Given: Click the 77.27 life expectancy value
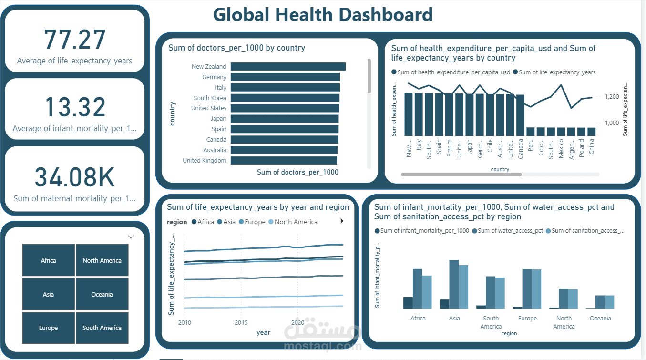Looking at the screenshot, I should pyautogui.click(x=75, y=40).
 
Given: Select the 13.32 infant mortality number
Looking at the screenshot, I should pyautogui.click(x=75, y=107).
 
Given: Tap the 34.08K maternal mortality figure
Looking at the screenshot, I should pyautogui.click(x=75, y=177).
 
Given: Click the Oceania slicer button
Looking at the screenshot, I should pyautogui.click(x=102, y=294).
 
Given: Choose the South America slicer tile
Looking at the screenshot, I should pyautogui.click(x=102, y=328).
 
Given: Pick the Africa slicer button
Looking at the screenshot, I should pyautogui.click(x=48, y=260).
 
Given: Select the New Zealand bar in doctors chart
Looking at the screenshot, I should pyautogui.click(x=287, y=67).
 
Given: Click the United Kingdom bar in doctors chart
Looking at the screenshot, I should pyautogui.click(x=283, y=161).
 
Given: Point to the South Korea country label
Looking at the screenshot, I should pyautogui.click(x=210, y=98).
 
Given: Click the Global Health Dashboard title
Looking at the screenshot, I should pyautogui.click(x=323, y=15).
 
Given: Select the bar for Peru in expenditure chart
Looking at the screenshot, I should pyautogui.click(x=531, y=132).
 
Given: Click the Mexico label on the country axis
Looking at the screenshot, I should pyautogui.click(x=561, y=147).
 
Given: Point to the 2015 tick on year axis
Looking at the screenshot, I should pyautogui.click(x=241, y=323).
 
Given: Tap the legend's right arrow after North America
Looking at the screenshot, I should pyautogui.click(x=341, y=221).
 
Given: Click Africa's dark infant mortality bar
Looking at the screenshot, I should pyautogui.click(x=408, y=303).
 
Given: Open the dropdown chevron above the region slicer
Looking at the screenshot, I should pyautogui.click(x=131, y=237).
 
